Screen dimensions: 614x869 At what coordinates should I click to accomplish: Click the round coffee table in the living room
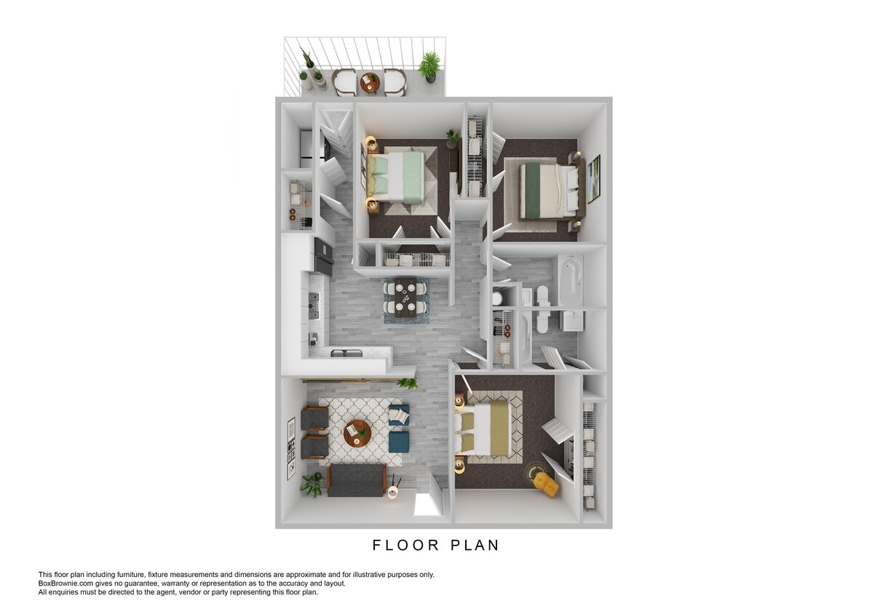pos(357,433)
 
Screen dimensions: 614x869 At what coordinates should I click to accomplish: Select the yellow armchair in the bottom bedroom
pos(547,482)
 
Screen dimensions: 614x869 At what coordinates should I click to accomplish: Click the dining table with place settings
pos(405,296)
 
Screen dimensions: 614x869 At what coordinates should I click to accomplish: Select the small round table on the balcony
pos(370,83)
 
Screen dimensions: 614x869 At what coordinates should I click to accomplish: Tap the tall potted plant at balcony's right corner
pos(429,66)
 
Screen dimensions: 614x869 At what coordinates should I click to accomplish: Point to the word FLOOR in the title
pos(402,545)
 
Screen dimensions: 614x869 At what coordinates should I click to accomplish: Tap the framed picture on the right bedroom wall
pos(594,178)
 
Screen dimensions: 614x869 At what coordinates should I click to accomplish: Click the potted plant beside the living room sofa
pos(312,484)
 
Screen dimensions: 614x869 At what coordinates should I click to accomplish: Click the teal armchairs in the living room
pos(399,428)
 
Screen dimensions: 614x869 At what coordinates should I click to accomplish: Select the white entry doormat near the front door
pos(427,504)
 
